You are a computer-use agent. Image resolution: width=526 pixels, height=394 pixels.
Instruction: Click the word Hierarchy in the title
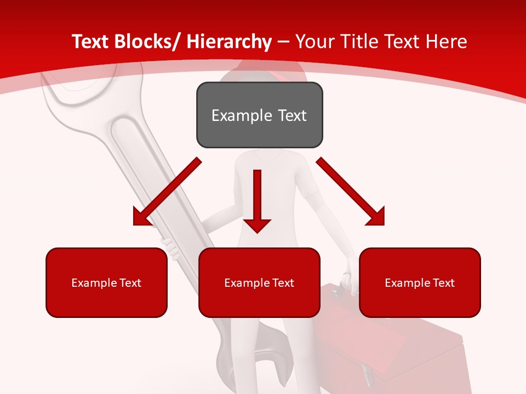point(229,42)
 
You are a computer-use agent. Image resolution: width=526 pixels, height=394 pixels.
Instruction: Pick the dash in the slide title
point(283,43)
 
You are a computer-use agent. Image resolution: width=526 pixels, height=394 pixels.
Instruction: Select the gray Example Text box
point(259,115)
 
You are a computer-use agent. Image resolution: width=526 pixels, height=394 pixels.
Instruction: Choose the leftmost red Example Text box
point(106,282)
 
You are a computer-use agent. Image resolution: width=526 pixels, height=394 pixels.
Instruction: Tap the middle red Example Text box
point(259,282)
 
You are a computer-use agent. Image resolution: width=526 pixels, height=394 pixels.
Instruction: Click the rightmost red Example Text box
point(420,282)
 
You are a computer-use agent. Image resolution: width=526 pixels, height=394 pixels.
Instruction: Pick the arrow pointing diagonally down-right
point(351,192)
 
